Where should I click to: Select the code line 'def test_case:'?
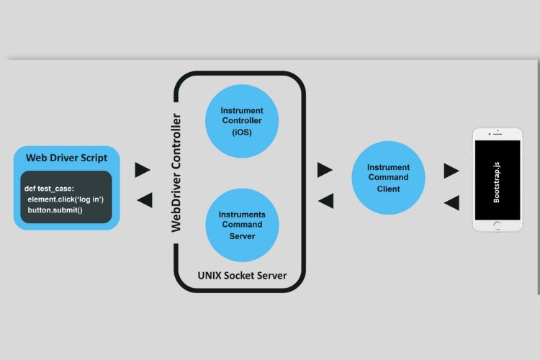pyautogui.click(x=50, y=189)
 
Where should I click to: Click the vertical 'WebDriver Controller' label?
pyautogui.click(x=176, y=172)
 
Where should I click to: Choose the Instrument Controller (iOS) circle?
pyautogui.click(x=242, y=122)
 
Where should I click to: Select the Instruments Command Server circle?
pyautogui.click(x=242, y=225)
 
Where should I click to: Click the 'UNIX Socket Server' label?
pyautogui.click(x=242, y=276)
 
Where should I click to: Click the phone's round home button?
pyautogui.click(x=498, y=225)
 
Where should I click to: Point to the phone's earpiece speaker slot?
pyautogui.click(x=498, y=135)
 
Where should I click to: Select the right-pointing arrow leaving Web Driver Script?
pyautogui.click(x=143, y=170)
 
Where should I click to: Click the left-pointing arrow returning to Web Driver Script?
pyautogui.click(x=143, y=200)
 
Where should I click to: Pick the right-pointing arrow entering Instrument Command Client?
pyautogui.click(x=325, y=170)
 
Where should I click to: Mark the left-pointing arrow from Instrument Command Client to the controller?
pyautogui.click(x=325, y=201)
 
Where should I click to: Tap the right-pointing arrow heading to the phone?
pyautogui.click(x=451, y=171)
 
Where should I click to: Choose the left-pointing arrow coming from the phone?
pyautogui.click(x=451, y=203)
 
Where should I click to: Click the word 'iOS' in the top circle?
pyautogui.click(x=242, y=133)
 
